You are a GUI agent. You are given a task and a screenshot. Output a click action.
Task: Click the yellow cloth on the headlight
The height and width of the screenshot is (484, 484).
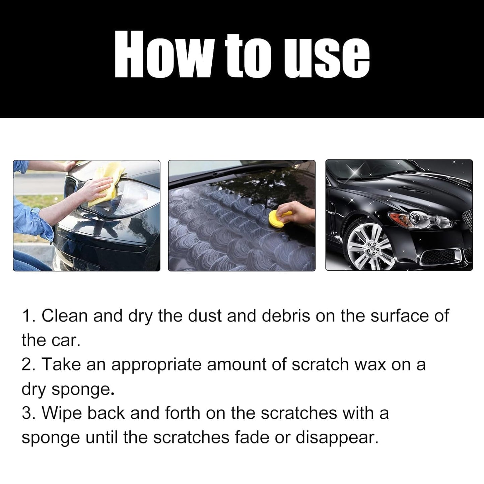(107, 183)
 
